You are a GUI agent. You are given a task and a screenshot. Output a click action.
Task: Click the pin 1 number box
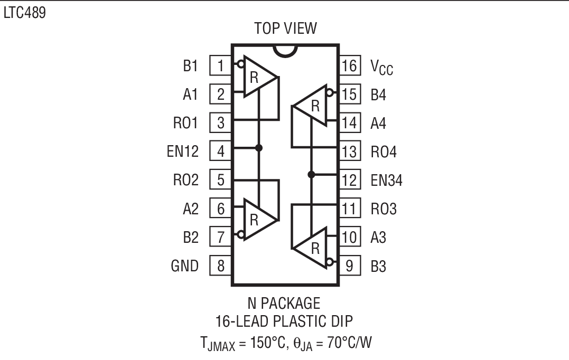tap(221, 65)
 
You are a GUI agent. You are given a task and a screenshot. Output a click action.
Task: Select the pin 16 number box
tap(349, 65)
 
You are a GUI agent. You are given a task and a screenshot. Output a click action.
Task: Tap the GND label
tap(184, 266)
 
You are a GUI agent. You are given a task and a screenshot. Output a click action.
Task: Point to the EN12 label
tap(182, 151)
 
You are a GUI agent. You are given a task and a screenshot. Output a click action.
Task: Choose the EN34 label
tap(386, 181)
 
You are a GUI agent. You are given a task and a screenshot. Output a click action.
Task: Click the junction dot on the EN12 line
tap(259, 147)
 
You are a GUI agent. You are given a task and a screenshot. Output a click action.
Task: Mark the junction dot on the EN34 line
tap(311, 174)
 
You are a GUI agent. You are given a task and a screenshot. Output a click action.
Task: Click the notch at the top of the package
tap(286, 50)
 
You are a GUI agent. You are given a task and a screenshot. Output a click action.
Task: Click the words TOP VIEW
tap(285, 28)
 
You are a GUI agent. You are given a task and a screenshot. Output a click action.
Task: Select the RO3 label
tap(384, 209)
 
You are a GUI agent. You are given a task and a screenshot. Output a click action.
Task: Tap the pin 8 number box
tap(221, 266)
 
